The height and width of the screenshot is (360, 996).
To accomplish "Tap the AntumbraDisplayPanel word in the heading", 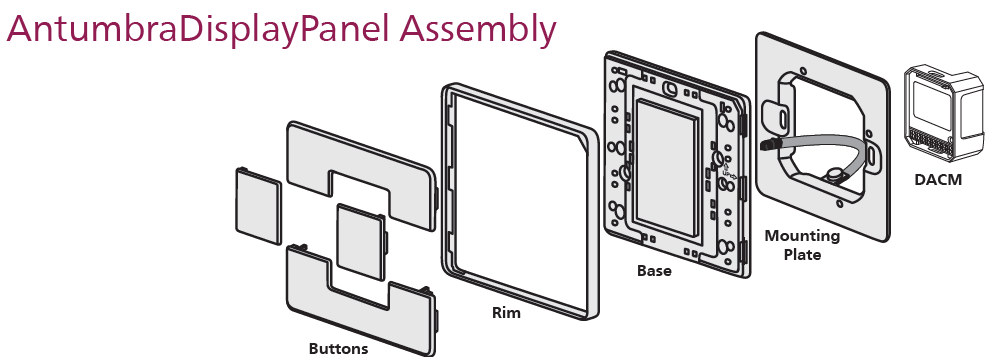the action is pyautogui.click(x=199, y=30).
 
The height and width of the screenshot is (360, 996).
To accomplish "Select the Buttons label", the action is pyautogui.click(x=338, y=349).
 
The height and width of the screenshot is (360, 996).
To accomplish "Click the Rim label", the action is pyautogui.click(x=506, y=312).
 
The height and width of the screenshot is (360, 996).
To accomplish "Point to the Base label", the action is pyautogui.click(x=654, y=271).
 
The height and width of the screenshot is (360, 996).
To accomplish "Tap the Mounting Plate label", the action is pyautogui.click(x=802, y=245).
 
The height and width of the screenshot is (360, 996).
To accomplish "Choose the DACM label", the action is pyautogui.click(x=938, y=180).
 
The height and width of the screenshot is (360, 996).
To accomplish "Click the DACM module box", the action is pyautogui.click(x=942, y=113).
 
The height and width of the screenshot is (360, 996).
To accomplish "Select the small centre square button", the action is pyautogui.click(x=360, y=242).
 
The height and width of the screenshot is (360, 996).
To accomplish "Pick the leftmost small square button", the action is pyautogui.click(x=258, y=206).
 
